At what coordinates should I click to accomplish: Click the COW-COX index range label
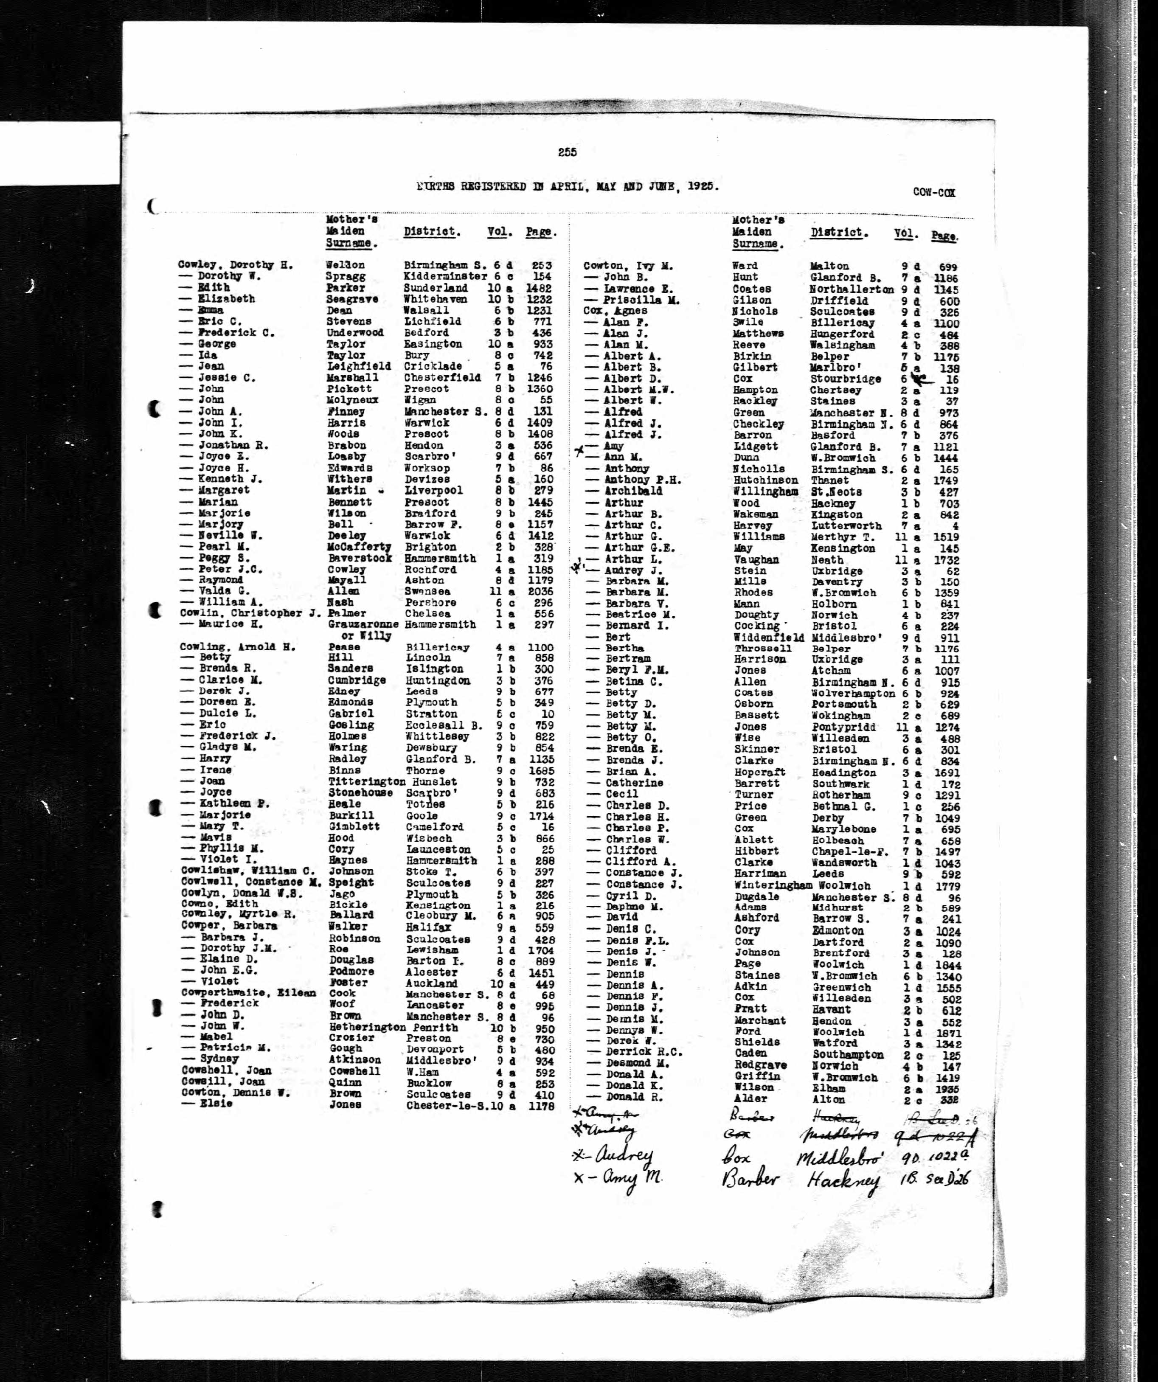tap(933, 193)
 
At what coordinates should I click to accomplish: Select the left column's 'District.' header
tap(431, 232)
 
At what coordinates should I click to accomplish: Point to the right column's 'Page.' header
tap(944, 236)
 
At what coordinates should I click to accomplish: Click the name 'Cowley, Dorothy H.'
tap(235, 265)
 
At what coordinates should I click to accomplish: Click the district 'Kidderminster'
tap(445, 276)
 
